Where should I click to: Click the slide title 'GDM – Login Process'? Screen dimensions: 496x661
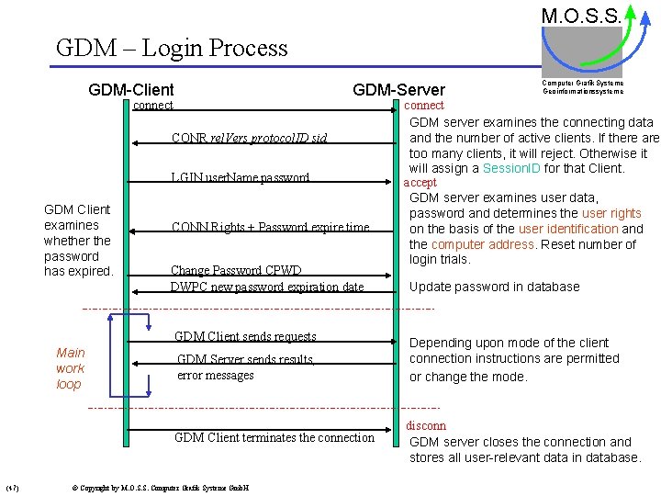pyautogui.click(x=172, y=48)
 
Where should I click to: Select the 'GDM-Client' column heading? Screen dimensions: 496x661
pyautogui.click(x=131, y=90)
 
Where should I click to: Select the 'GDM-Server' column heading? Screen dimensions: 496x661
pyautogui.click(x=398, y=90)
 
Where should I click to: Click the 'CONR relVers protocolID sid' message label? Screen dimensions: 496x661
pyautogui.click(x=249, y=139)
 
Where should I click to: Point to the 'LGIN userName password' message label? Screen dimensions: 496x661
pyautogui.click(x=241, y=177)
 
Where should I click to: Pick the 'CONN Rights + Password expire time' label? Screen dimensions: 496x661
pyautogui.click(x=270, y=228)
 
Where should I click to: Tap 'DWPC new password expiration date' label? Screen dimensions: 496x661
pyautogui.click(x=266, y=287)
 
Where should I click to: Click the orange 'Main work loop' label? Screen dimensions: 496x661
pyautogui.click(x=70, y=368)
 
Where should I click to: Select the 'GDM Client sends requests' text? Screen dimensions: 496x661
pyautogui.click(x=245, y=337)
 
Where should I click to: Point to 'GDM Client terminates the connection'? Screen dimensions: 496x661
pyautogui.click(x=274, y=437)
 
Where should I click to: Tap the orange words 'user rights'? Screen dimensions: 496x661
pyautogui.click(x=611, y=213)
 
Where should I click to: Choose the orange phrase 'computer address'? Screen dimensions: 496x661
pyautogui.click(x=483, y=244)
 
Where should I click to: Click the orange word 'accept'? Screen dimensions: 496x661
pyautogui.click(x=420, y=183)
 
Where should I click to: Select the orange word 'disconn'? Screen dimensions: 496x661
pyautogui.click(x=425, y=425)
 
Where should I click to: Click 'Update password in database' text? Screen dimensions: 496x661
pyautogui.click(x=494, y=287)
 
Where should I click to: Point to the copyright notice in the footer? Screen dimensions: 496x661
pyautogui.click(x=161, y=487)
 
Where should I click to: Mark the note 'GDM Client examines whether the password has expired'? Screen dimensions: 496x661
pyautogui.click(x=78, y=241)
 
